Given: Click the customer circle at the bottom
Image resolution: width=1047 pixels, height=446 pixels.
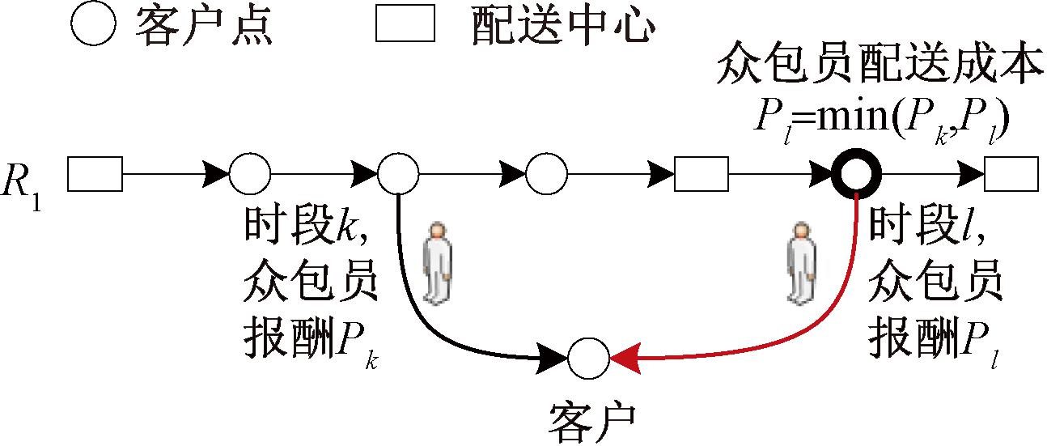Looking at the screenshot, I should (x=588, y=359).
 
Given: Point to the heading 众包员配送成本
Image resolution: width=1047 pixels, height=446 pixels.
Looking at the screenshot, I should (x=878, y=70).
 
